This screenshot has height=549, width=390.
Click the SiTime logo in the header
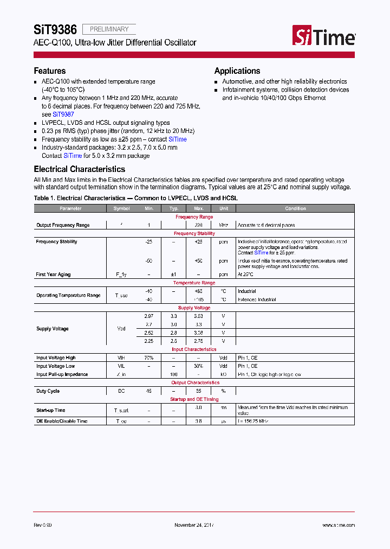324,36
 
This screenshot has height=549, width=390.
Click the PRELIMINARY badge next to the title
109,29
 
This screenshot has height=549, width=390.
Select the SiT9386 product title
55,29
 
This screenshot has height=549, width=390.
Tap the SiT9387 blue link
63,114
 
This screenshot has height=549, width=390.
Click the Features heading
50,71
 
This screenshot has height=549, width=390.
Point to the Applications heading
237,71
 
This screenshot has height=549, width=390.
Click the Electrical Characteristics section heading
80,169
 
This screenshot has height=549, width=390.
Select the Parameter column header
70,208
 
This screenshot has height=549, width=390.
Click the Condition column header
295,208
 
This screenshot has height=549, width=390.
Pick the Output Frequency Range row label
63,225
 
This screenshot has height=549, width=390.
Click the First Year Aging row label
53,274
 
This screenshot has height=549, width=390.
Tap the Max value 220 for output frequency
198,225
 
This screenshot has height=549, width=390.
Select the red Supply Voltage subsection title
194,308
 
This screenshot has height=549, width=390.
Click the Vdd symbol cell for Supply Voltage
121,329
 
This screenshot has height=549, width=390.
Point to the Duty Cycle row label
48,391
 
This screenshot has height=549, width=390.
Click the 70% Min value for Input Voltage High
149,358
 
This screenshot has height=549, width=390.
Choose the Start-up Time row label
50,410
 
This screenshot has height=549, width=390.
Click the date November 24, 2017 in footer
194,525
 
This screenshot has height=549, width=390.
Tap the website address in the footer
339,525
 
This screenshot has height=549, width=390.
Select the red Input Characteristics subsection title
194,350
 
